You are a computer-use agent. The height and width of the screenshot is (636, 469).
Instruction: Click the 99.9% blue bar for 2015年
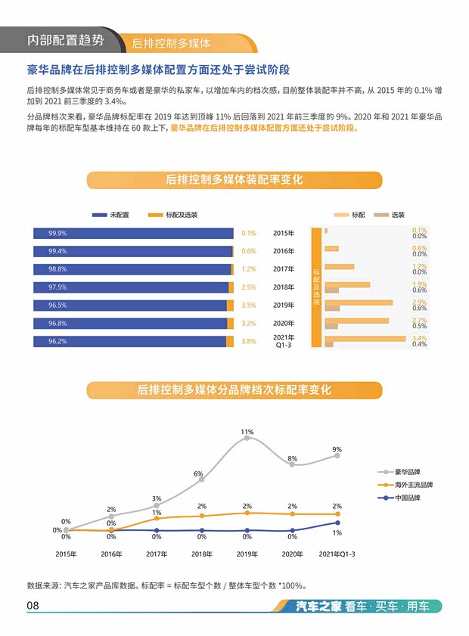[132, 233]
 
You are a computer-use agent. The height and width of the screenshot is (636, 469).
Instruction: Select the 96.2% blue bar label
[57, 342]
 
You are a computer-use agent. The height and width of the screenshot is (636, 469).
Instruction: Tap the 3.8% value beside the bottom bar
[249, 342]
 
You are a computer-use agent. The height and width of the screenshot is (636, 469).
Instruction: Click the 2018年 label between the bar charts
[284, 287]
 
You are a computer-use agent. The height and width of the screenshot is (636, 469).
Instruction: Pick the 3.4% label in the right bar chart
[419, 339]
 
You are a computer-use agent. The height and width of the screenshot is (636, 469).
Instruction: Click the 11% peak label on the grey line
[247, 432]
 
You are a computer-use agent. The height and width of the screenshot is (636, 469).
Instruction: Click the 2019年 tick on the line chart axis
[247, 554]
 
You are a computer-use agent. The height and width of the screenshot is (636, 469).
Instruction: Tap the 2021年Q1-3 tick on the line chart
[337, 554]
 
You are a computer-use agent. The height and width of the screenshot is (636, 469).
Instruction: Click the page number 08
[33, 606]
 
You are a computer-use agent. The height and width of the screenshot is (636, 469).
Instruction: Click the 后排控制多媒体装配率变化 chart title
[234, 180]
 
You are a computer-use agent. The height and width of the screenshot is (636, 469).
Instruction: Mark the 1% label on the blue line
[337, 533]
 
